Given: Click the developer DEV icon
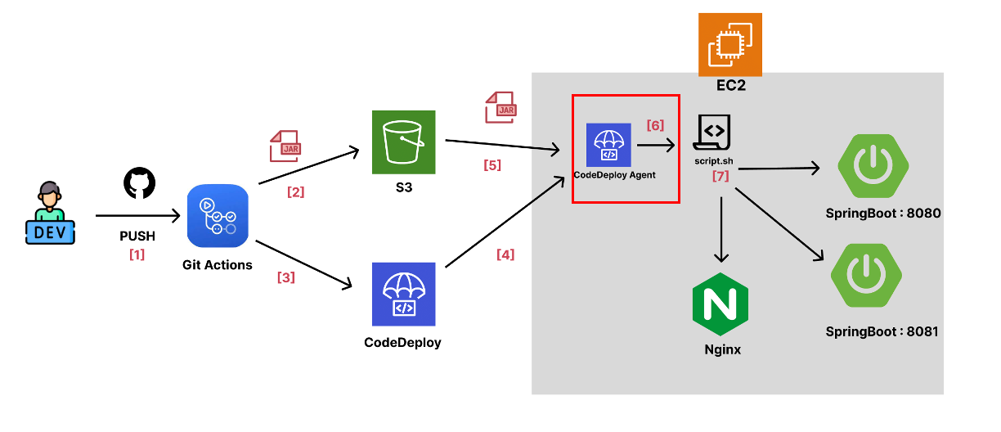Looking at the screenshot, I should pyautogui.click(x=47, y=215).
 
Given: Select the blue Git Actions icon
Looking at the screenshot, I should pyautogui.click(x=218, y=216).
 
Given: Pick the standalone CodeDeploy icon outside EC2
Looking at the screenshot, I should pyautogui.click(x=403, y=294).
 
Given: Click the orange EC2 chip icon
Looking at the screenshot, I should pyautogui.click(x=729, y=44).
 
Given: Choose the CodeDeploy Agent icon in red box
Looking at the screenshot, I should pyautogui.click(x=608, y=145).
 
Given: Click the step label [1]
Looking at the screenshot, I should pyautogui.click(x=137, y=254).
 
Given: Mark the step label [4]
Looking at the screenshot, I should pyautogui.click(x=505, y=254).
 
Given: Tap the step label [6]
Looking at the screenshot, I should pyautogui.click(x=655, y=125).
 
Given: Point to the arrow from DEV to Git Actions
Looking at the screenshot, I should pyautogui.click(x=137, y=216).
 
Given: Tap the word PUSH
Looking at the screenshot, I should pyautogui.click(x=137, y=236).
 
